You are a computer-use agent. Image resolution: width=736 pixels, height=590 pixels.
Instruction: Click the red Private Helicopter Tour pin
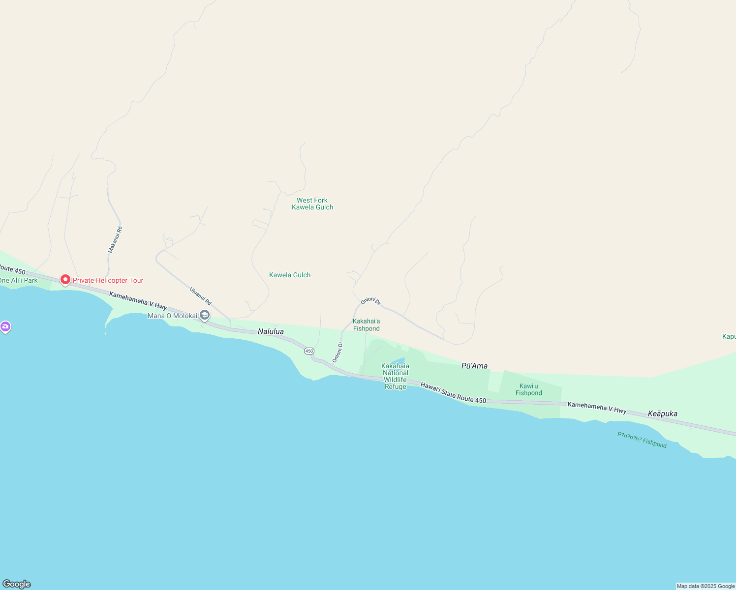[65, 280]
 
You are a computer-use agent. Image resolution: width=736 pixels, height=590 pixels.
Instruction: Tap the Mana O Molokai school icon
[205, 315]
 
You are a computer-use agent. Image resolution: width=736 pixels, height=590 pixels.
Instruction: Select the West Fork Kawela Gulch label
[312, 204]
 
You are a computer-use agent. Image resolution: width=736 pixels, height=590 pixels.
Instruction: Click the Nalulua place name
[271, 332]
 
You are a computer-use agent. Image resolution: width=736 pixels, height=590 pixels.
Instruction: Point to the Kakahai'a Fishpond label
[366, 325]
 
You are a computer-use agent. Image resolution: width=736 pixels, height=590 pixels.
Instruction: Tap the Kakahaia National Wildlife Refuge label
[396, 376]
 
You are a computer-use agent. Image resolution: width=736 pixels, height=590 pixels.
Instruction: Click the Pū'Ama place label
[474, 366]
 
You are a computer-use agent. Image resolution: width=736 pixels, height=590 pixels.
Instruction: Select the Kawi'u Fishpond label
[529, 389]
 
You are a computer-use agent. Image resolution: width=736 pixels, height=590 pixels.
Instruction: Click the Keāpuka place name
[662, 413]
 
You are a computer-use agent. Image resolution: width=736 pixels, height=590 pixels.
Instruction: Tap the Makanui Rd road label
[115, 240]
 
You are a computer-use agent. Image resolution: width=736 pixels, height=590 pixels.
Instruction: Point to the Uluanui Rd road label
[200, 296]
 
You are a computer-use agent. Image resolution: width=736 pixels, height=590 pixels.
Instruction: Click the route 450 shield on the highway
[308, 351]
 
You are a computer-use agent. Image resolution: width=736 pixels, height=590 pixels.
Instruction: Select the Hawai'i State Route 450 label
[453, 393]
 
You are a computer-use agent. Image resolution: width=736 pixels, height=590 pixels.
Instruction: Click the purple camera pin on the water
[5, 326]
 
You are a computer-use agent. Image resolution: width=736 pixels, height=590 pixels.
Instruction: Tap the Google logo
[17, 584]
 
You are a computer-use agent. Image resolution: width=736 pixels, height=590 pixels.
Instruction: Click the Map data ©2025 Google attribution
[705, 586]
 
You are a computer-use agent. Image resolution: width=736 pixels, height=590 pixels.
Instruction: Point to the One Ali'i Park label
[19, 281]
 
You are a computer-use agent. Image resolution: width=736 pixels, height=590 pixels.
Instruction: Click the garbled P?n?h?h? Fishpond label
[642, 440]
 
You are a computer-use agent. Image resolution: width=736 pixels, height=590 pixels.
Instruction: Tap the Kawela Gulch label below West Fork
[290, 275]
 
